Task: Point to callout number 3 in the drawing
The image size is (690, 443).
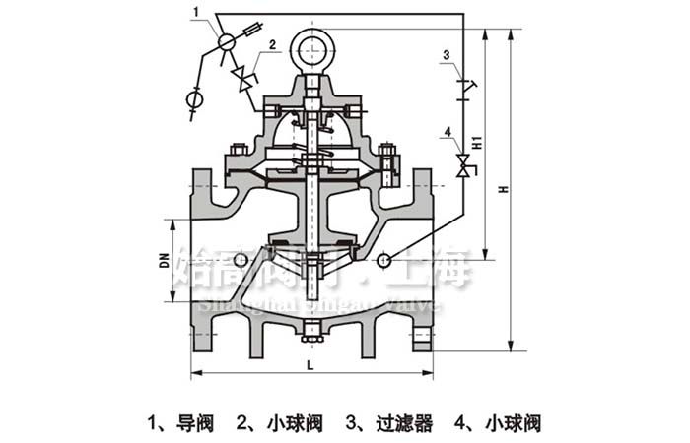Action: [447, 54]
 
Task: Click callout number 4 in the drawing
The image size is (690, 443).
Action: [447, 130]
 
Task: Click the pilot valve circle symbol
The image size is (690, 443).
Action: [226, 41]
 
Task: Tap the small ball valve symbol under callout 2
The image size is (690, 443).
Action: [241, 77]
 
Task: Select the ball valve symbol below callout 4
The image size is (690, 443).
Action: [462, 164]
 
